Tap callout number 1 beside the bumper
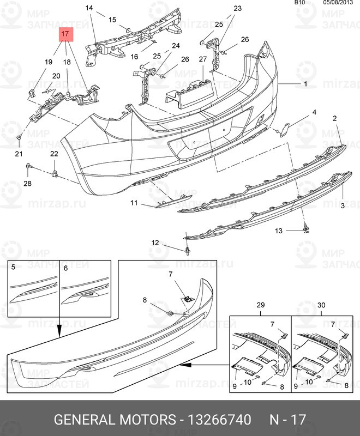305,84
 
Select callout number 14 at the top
89,8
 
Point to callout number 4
314,113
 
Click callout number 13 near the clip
279,231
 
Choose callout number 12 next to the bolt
155,243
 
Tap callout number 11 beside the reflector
134,203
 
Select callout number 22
54,155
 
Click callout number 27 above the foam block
202,59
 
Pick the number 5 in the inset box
14,268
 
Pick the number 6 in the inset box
65,268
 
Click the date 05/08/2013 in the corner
338,3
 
